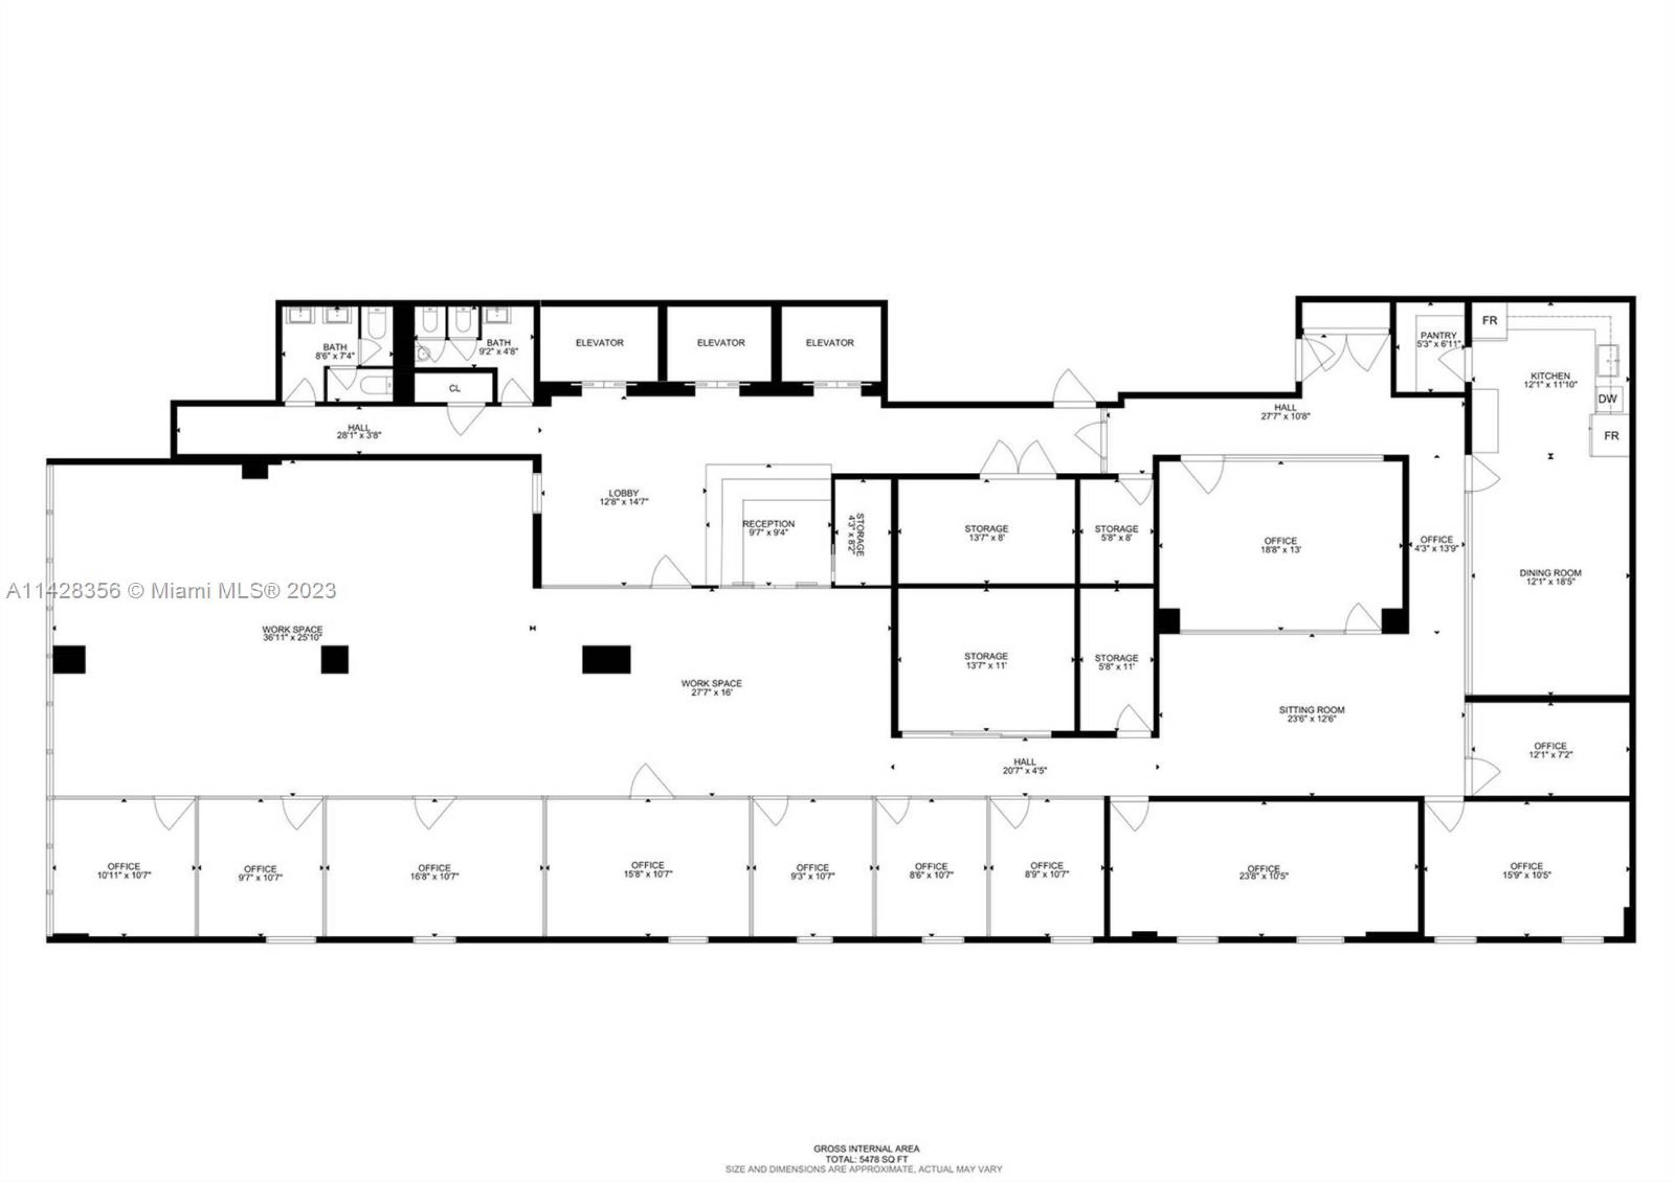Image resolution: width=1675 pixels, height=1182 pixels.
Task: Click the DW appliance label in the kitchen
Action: tap(1607, 399)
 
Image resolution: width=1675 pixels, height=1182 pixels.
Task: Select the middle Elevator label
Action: tap(721, 343)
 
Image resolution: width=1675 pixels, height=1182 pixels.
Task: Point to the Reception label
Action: tap(768, 524)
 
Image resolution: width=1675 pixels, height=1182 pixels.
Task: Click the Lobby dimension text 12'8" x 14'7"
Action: tap(624, 502)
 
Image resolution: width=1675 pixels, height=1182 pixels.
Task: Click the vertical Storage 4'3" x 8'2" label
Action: tap(855, 534)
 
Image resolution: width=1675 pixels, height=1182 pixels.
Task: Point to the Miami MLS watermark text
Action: tap(172, 590)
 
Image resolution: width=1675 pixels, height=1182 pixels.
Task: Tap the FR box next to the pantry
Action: tap(1489, 321)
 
